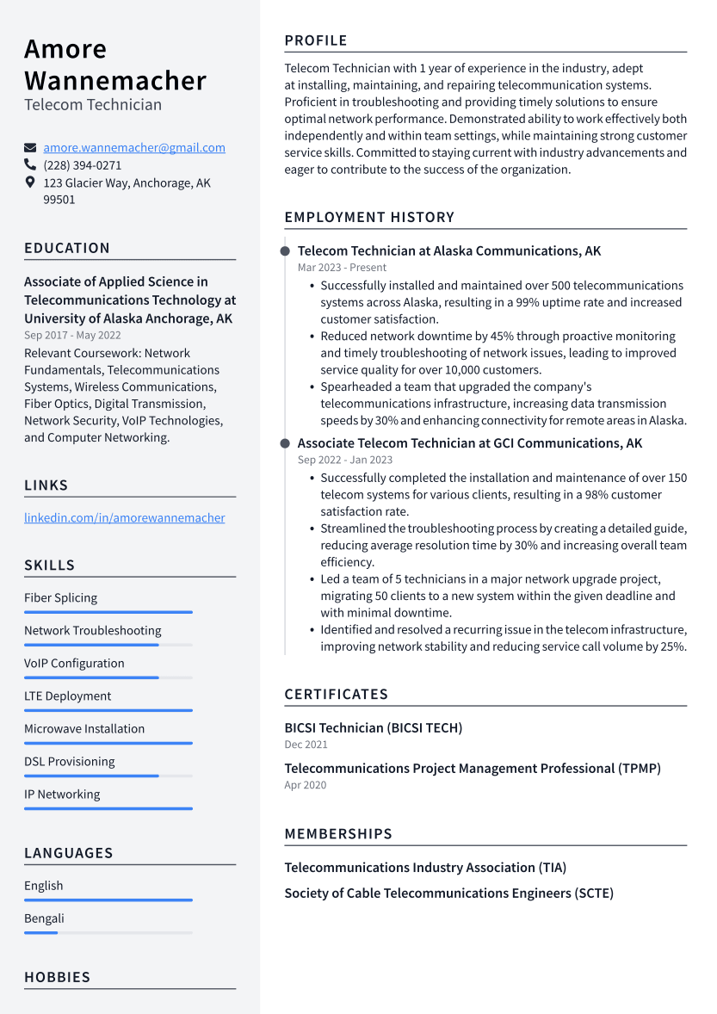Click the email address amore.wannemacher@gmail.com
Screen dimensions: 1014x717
point(134,148)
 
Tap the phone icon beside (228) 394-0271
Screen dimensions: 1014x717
point(30,164)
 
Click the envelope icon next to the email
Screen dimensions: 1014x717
point(30,148)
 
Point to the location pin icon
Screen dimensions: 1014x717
point(30,182)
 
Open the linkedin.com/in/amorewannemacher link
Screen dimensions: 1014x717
point(124,518)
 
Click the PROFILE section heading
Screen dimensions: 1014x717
point(316,40)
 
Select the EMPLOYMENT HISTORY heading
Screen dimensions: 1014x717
point(369,218)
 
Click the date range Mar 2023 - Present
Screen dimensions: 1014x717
point(331,268)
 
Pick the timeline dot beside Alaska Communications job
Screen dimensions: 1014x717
point(285,251)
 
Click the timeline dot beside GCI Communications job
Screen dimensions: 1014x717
point(285,443)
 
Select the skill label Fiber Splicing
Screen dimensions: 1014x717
point(60,598)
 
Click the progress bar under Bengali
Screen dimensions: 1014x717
point(108,932)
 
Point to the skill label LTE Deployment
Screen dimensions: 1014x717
point(67,696)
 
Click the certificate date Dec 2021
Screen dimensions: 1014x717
point(306,745)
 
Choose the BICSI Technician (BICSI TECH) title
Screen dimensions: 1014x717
point(373,728)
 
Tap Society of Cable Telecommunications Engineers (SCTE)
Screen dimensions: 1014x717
point(448,893)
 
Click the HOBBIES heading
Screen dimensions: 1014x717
point(57,978)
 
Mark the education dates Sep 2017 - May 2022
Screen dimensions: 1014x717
point(72,336)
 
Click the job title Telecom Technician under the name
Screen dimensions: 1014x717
point(93,105)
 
